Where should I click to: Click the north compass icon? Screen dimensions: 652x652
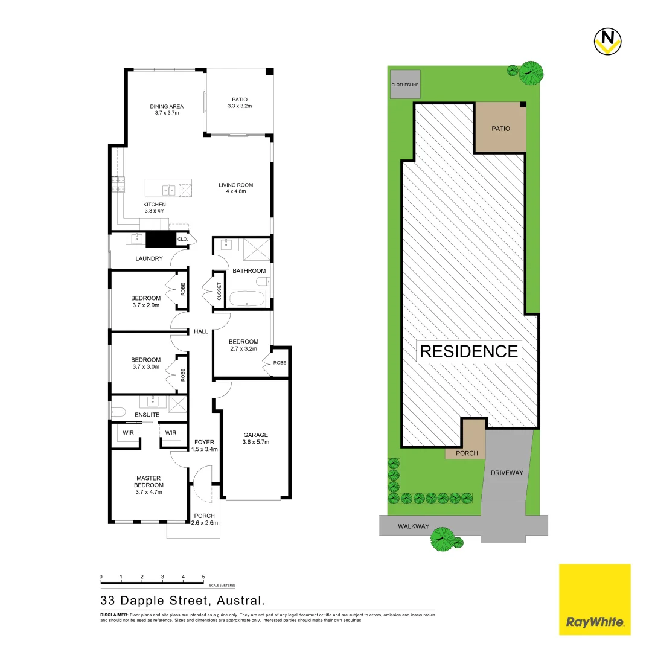608,40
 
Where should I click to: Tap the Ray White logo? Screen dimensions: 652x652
595,599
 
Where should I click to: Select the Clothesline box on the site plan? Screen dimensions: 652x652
404,85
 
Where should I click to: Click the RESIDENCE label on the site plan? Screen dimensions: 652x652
468,351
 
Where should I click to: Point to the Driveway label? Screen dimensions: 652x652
507,473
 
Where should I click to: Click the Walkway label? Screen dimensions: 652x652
413,526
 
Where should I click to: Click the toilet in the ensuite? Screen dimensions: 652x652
118,412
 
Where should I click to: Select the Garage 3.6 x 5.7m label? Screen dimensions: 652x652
256,438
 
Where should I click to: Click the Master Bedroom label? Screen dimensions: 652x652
148,485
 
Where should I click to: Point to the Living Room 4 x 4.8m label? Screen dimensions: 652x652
235,188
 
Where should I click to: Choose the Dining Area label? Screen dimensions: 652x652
167,110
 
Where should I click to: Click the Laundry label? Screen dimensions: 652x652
149,258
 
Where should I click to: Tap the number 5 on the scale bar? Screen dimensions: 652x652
203,577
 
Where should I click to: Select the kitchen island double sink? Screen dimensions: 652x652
169,190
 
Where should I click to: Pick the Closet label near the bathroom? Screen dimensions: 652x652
219,292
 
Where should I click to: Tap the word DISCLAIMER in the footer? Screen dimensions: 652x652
113,614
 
